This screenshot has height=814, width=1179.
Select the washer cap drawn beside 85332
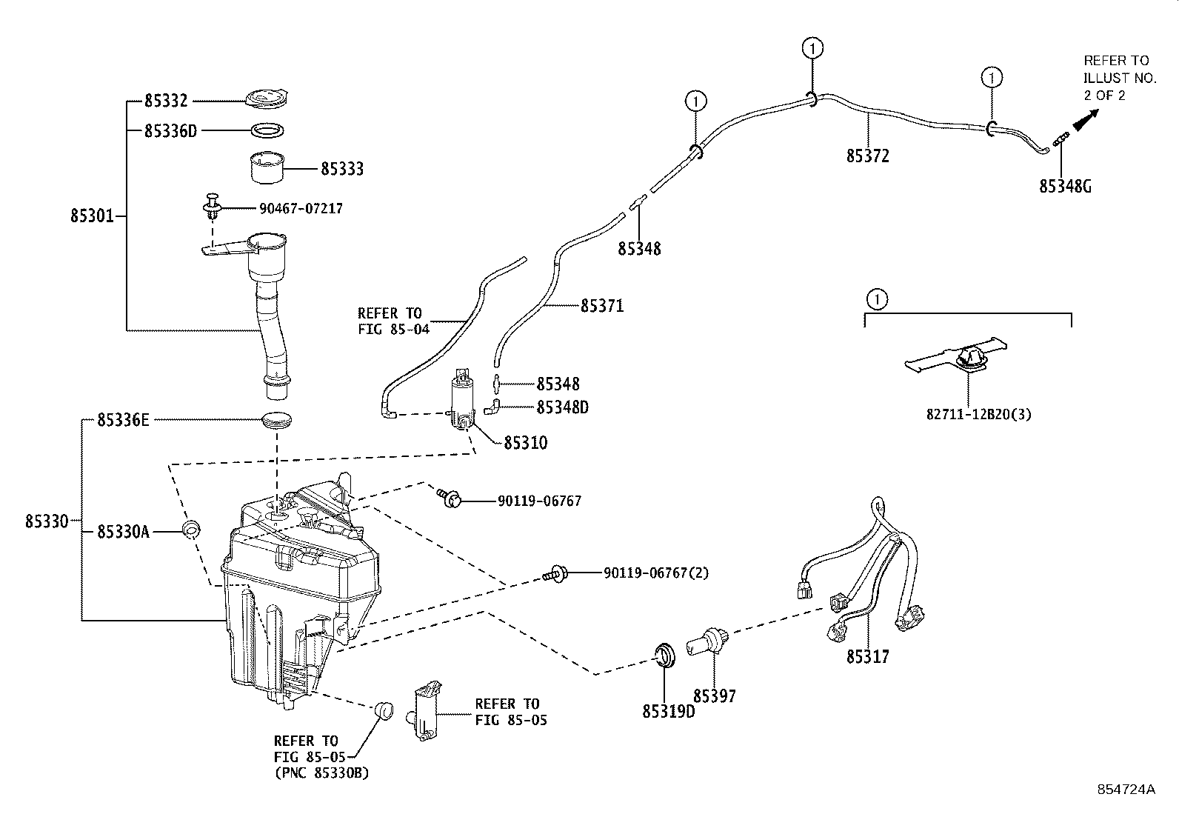[x=267, y=99]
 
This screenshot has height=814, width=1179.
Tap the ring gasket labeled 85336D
[x=267, y=130]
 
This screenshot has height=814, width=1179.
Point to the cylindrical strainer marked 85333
[x=267, y=167]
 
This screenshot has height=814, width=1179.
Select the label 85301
[x=92, y=216]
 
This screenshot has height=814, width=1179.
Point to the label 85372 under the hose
[x=867, y=156]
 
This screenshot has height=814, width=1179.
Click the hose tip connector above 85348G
[x=1059, y=137]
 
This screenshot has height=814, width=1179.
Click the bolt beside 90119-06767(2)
[x=554, y=573]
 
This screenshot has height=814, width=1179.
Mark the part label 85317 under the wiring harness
[x=867, y=656]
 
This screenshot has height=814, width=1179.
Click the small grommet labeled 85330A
[x=193, y=530]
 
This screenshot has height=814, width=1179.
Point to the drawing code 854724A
[x=1126, y=789]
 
